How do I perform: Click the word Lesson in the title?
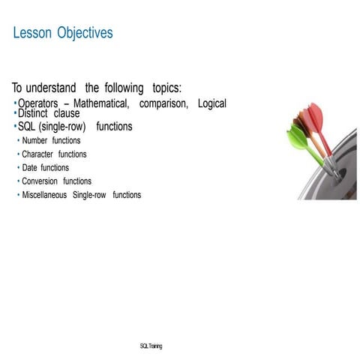(32, 33)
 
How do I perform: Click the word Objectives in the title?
(86, 33)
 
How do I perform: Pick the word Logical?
(211, 103)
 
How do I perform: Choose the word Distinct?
(32, 113)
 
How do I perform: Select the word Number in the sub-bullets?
(34, 140)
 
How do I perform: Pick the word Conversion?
(40, 181)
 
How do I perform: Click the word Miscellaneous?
(44, 195)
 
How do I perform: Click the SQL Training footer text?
(151, 346)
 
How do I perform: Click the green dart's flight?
(295, 138)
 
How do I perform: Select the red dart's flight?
(315, 116)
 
